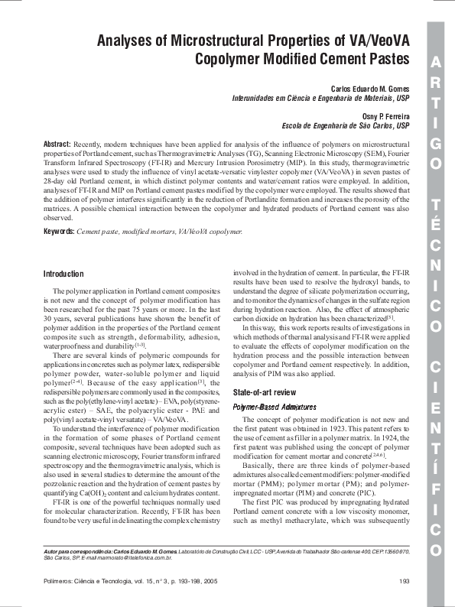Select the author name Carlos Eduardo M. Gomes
370,89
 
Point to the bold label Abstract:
57,144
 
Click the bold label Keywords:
59,231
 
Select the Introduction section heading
63,274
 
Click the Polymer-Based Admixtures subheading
266,408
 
